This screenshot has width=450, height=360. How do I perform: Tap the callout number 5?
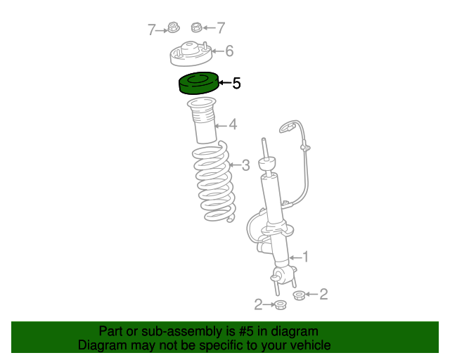[236, 84]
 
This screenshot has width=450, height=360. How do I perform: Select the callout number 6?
[229, 51]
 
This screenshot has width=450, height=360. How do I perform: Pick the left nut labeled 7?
[172, 29]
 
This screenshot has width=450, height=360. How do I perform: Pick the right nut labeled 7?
[197, 28]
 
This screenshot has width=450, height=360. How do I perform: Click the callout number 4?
[232, 125]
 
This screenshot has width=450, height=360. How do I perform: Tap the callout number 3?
[245, 165]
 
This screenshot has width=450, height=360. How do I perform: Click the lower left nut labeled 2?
[280, 304]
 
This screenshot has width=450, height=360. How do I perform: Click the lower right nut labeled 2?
[299, 295]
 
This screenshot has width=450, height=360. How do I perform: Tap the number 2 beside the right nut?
[323, 295]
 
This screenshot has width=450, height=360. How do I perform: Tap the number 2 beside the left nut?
[258, 304]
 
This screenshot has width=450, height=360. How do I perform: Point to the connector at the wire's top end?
[287, 127]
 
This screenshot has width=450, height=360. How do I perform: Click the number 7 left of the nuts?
[151, 30]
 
